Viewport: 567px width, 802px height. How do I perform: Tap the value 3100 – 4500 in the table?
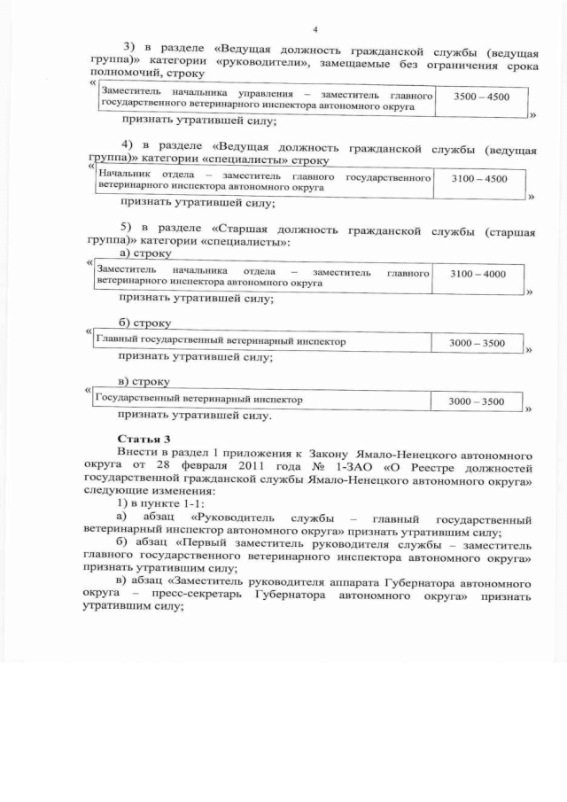coord(479,178)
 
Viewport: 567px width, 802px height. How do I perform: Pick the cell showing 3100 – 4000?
coord(478,274)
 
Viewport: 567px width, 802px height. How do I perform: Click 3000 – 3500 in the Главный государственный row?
coord(476,342)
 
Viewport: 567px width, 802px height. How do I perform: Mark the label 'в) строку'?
coord(144,381)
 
